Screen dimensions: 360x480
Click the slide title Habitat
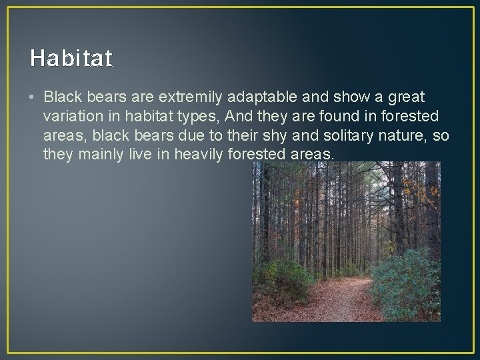pyautogui.click(x=71, y=59)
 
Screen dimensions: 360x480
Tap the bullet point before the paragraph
pyautogui.click(x=33, y=98)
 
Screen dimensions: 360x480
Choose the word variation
pyautogui.click(x=71, y=117)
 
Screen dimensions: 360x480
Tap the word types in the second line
pyautogui.click(x=200, y=117)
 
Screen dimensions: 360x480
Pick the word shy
pyautogui.click(x=289, y=136)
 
